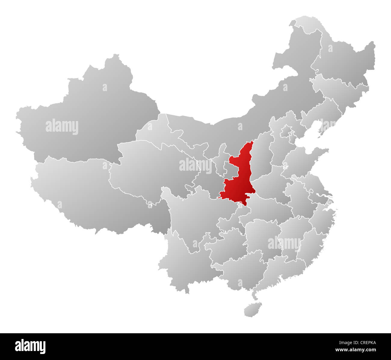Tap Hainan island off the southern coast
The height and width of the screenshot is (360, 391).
click(x=252, y=310)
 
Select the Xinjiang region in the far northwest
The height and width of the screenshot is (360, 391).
click(x=90, y=114)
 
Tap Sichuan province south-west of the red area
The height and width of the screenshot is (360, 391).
click(x=192, y=216)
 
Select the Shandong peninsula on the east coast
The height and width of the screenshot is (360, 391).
click(x=304, y=156)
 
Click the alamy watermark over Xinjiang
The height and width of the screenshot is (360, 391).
click(x=62, y=127)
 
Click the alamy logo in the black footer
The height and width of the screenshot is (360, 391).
click(x=30, y=346)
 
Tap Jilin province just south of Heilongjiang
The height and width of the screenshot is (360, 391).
click(x=340, y=87)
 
